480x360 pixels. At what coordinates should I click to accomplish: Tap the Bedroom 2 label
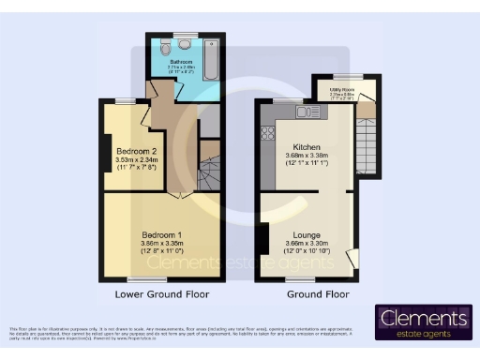(x=136, y=151)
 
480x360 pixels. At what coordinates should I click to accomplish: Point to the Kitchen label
(x=307, y=147)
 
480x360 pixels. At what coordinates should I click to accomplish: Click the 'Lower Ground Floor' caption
(x=162, y=294)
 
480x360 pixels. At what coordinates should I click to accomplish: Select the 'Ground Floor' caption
(x=317, y=294)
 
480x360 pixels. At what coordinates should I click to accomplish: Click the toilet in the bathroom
(x=166, y=47)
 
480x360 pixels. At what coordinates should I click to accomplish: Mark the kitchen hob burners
(x=266, y=133)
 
